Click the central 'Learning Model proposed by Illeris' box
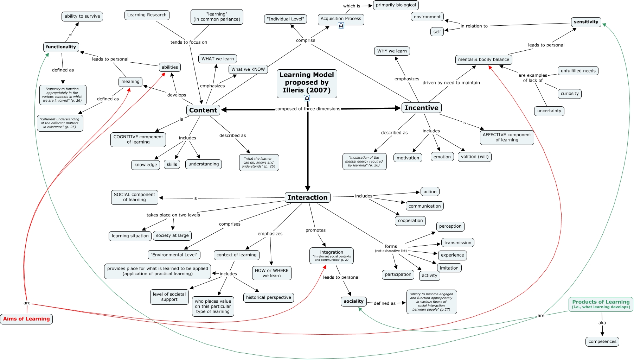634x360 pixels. pyautogui.click(x=307, y=83)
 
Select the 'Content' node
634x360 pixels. pyautogui.click(x=203, y=110)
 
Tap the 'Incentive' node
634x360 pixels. pyautogui.click(x=421, y=108)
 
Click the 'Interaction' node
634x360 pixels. pyautogui.click(x=307, y=198)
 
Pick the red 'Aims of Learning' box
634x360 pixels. pyautogui.click(x=26, y=319)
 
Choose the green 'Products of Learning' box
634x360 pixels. pyautogui.click(x=601, y=304)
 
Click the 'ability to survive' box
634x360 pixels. pyautogui.click(x=82, y=16)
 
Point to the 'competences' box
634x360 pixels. pyautogui.click(x=602, y=341)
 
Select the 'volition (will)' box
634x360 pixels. pyautogui.click(x=474, y=157)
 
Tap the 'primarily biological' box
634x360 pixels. pyautogui.click(x=396, y=5)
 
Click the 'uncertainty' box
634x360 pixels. pyautogui.click(x=549, y=111)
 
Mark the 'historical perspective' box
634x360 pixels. pyautogui.click(x=268, y=297)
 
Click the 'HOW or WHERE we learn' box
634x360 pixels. pyautogui.click(x=271, y=273)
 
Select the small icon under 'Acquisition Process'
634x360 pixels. pyautogui.click(x=341, y=25)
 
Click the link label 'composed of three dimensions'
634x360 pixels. pyautogui.click(x=308, y=109)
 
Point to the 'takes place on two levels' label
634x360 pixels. pyautogui.click(x=173, y=215)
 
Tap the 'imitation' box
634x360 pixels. pyautogui.click(x=449, y=268)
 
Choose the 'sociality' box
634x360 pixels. pyautogui.click(x=353, y=301)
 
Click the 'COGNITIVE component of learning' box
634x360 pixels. pyautogui.click(x=138, y=139)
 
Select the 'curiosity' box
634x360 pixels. pyautogui.click(x=569, y=94)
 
